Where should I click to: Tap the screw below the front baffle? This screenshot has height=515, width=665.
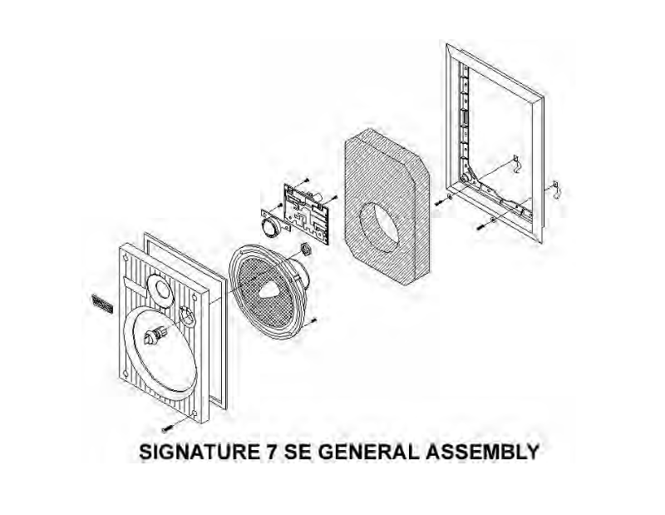(x=167, y=427)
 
